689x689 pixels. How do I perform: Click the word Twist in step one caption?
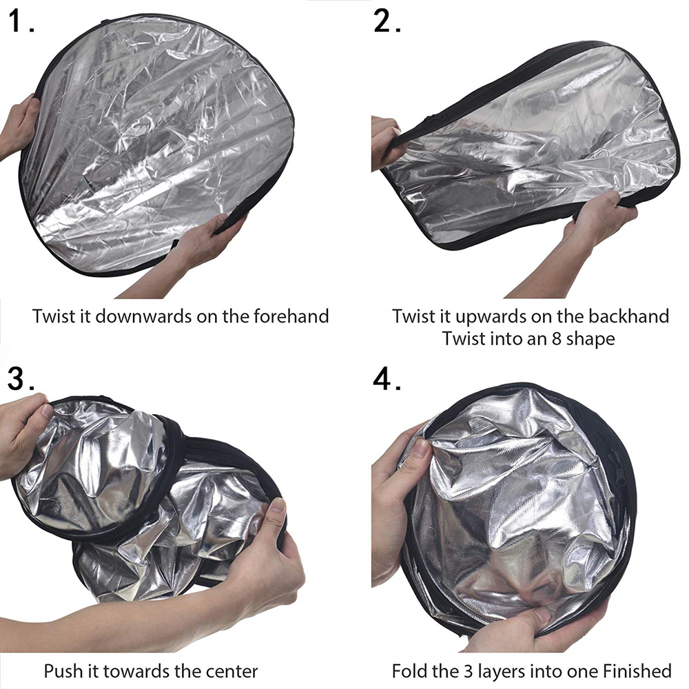tap(52, 316)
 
